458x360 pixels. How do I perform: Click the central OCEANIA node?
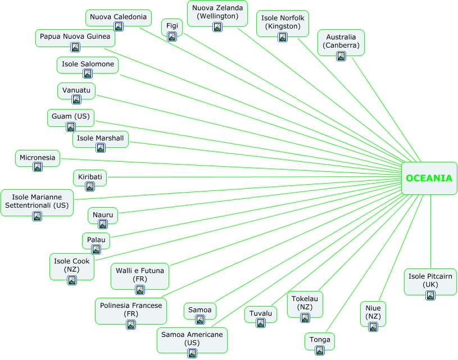[x=429, y=178]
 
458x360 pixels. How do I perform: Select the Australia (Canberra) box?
[x=341, y=42]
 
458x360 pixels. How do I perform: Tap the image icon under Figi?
[x=172, y=37]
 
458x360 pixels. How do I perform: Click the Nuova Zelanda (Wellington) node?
[x=217, y=12]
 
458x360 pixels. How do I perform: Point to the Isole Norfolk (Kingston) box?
[x=283, y=22]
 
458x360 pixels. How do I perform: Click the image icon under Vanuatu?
[x=76, y=99]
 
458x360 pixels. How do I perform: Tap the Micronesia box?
[x=38, y=158]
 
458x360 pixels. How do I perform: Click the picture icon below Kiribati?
[x=90, y=186]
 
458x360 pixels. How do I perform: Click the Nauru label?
[x=103, y=215]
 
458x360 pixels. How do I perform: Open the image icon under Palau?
[x=96, y=249]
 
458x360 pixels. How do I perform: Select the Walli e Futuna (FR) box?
[x=140, y=275]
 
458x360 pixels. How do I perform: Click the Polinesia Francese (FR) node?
[x=131, y=309]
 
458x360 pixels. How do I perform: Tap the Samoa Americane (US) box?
[x=192, y=338]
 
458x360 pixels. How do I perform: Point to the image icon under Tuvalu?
[x=260, y=323]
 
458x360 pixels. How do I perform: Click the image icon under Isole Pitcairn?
[x=430, y=295]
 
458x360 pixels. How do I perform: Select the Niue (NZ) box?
[x=373, y=312]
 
